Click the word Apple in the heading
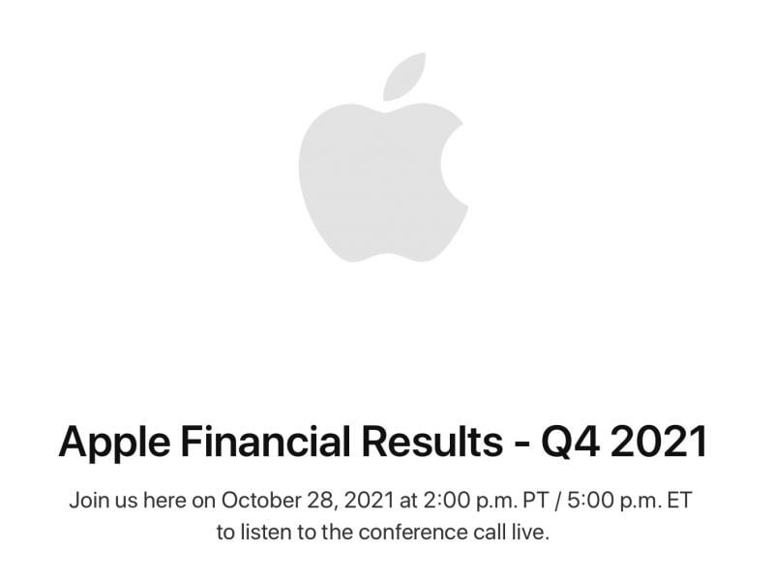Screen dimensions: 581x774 tap(112, 442)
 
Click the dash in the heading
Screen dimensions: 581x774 tap(523, 443)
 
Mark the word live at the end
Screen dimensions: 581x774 tap(531, 532)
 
